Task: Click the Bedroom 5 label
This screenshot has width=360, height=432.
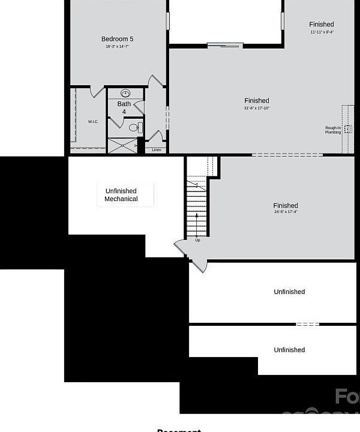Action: [118, 39]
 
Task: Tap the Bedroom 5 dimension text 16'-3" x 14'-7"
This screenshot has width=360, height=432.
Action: [118, 46]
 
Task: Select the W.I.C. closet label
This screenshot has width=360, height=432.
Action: [93, 122]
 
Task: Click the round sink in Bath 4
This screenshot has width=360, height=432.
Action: [125, 94]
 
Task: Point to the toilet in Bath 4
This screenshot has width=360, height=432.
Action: [134, 127]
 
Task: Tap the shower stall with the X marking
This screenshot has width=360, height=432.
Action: [122, 146]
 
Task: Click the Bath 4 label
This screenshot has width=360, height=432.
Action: [124, 108]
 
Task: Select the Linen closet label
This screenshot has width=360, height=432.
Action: [156, 149]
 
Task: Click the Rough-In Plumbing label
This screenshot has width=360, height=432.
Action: [334, 130]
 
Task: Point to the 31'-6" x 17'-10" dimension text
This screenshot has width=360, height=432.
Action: [257, 108]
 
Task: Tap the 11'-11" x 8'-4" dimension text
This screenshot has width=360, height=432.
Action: [322, 32]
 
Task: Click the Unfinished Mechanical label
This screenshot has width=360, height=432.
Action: [121, 195]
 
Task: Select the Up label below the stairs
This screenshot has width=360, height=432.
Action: [197, 240]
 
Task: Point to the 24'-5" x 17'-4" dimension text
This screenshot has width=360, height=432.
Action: [286, 212]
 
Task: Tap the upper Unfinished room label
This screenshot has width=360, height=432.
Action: [289, 292]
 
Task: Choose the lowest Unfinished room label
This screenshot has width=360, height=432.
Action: [289, 350]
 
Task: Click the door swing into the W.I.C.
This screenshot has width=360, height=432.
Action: [97, 92]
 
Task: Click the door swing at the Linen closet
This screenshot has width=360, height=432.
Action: [156, 136]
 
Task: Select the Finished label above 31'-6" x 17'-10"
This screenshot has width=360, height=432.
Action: [257, 100]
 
